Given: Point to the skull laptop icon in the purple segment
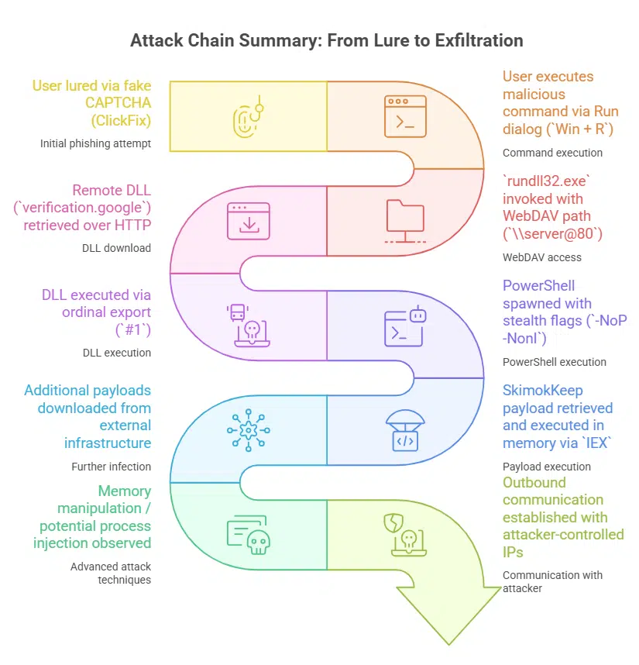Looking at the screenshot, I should pyautogui.click(x=249, y=326).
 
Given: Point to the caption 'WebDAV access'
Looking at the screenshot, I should pyautogui.click(x=541, y=257).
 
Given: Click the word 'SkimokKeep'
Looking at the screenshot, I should pyautogui.click(x=542, y=391).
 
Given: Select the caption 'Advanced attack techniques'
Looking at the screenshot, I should pyautogui.click(x=111, y=573).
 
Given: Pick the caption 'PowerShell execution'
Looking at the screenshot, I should pyautogui.click(x=555, y=361).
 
